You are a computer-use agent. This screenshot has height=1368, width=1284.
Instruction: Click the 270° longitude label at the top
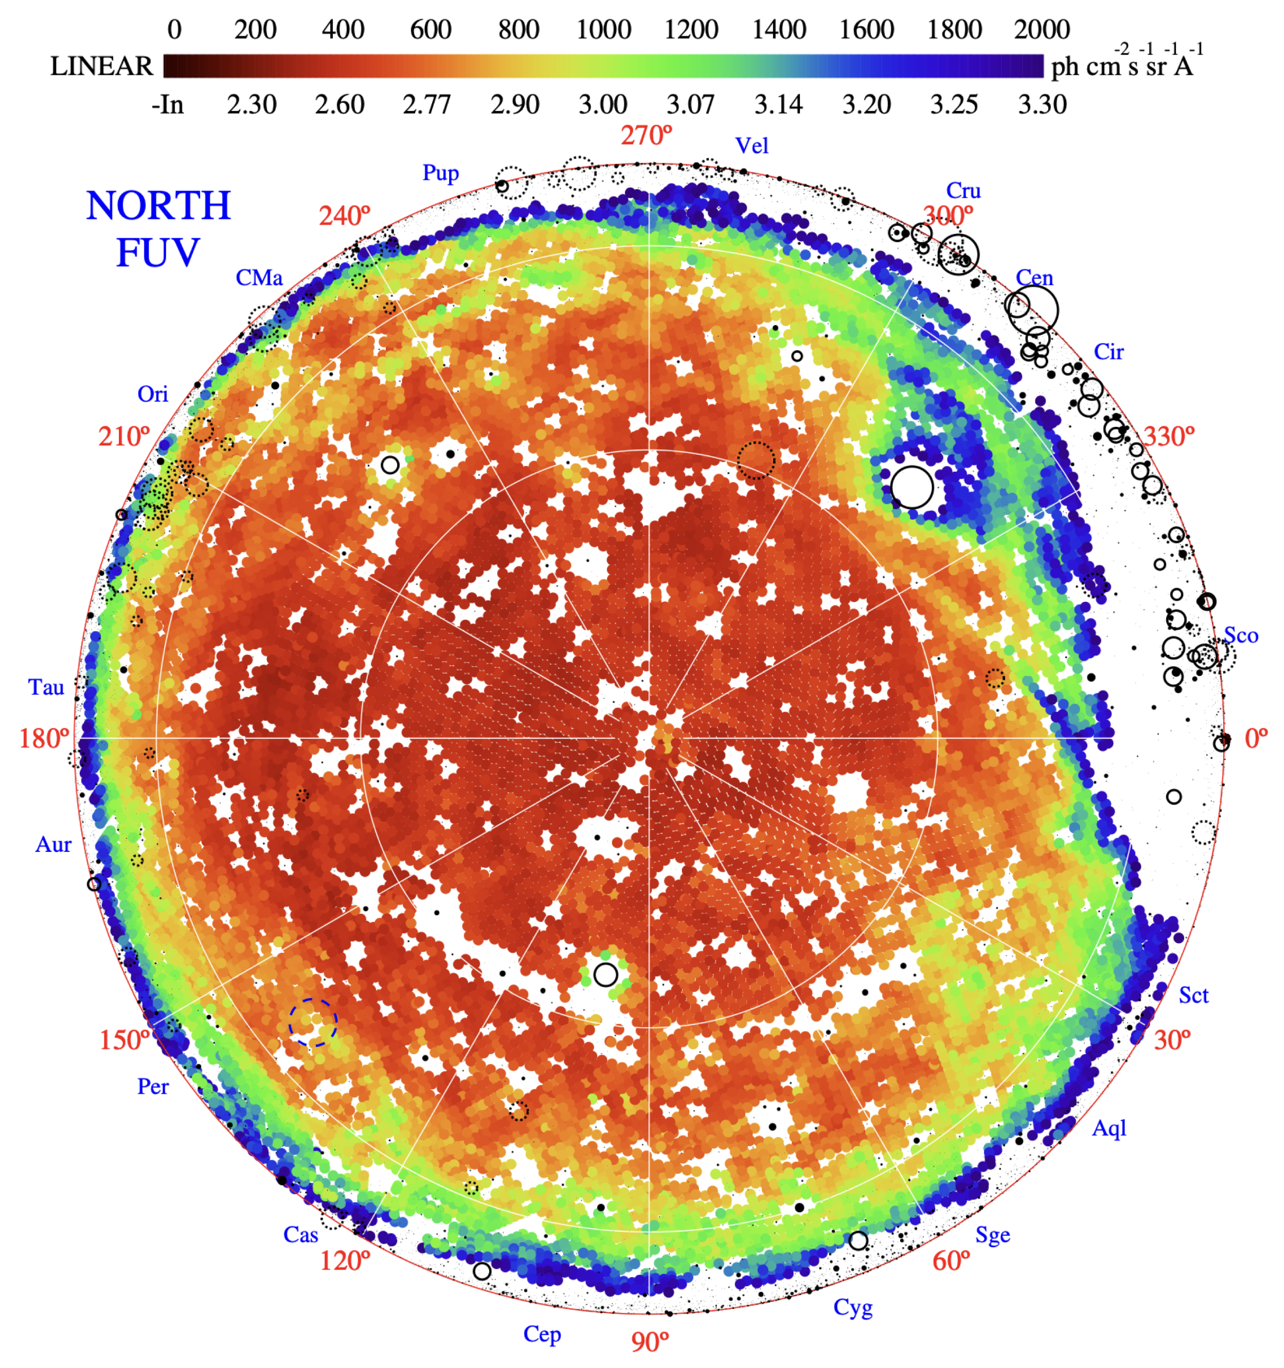tap(646, 135)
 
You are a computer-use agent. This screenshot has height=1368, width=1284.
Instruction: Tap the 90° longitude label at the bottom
tap(649, 1341)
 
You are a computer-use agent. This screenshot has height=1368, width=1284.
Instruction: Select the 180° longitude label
tap(44, 738)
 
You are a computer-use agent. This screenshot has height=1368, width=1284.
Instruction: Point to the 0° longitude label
tap(1256, 738)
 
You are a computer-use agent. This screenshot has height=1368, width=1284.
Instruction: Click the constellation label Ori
tap(152, 394)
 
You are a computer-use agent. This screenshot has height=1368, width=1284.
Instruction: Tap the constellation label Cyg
tap(853, 1307)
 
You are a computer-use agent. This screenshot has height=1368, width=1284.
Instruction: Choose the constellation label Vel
tap(752, 146)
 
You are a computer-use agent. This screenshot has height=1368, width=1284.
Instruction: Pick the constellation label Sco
tap(1241, 636)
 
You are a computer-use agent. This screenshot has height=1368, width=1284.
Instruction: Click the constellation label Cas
tap(301, 1234)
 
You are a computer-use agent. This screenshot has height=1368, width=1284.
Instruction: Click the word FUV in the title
tap(158, 252)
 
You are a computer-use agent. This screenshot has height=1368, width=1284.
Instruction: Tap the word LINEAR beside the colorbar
tap(101, 66)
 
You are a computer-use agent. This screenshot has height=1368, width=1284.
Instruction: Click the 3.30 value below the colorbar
tap(1042, 105)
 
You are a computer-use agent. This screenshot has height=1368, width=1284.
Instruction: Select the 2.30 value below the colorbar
tap(252, 105)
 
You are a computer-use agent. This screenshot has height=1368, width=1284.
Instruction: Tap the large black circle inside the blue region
tap(912, 487)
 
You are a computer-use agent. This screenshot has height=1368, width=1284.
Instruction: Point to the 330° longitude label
tap(1169, 436)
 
